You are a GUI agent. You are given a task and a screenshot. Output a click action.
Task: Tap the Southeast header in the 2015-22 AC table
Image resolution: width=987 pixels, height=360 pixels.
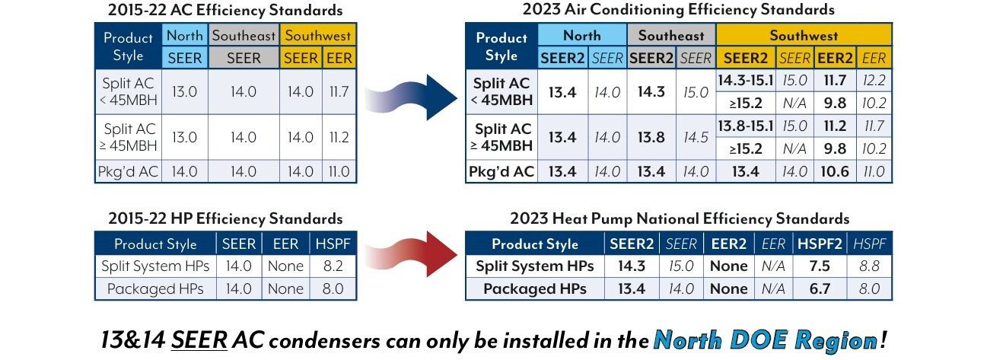pyautogui.click(x=244, y=36)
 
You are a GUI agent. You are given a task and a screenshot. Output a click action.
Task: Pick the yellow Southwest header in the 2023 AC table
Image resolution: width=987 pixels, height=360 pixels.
pyautogui.click(x=804, y=36)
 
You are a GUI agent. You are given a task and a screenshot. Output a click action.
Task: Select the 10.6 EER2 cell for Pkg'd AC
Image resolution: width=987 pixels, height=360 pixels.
pyautogui.click(x=835, y=171)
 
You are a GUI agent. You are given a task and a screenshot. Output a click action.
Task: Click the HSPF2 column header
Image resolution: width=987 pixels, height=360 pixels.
pyautogui.click(x=819, y=244)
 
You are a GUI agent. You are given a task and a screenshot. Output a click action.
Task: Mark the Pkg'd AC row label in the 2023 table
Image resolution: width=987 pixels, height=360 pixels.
pyautogui.click(x=501, y=171)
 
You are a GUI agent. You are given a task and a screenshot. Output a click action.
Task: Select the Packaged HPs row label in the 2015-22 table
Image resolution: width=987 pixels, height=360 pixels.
pyautogui.click(x=154, y=288)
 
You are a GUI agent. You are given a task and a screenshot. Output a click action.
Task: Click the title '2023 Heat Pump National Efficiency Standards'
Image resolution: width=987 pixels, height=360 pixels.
pyautogui.click(x=678, y=219)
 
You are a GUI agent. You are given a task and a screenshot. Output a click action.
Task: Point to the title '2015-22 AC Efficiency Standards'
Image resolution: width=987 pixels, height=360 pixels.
pyautogui.click(x=225, y=11)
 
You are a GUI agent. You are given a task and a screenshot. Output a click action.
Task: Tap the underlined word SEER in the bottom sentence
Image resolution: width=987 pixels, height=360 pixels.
pyautogui.click(x=200, y=339)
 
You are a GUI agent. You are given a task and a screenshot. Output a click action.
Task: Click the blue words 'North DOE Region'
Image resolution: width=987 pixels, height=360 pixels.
pyautogui.click(x=765, y=339)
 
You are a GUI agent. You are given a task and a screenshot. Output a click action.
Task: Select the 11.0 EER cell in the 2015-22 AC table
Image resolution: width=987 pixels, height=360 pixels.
pyautogui.click(x=339, y=171)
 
